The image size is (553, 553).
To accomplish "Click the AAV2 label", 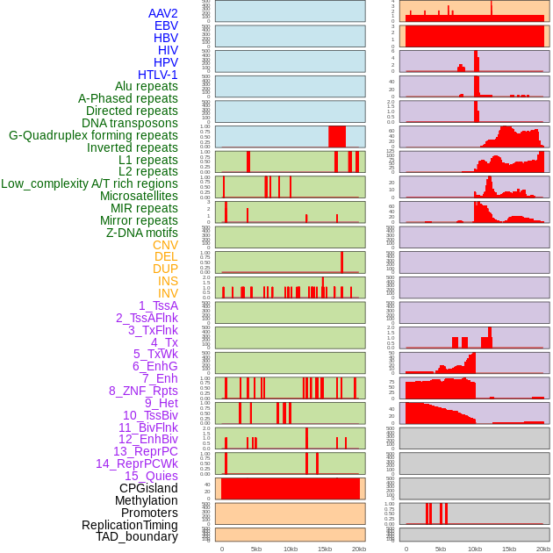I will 162,13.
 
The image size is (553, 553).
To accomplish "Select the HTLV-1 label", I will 157,75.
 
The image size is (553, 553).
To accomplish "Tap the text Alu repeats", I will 146,86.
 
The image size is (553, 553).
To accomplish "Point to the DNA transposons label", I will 129,123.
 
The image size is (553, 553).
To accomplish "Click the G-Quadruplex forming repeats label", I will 93,135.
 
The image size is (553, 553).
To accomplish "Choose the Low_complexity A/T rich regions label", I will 89,183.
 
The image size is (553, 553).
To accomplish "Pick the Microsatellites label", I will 139,196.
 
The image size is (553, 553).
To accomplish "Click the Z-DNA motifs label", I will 141,233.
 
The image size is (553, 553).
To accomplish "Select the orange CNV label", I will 165,245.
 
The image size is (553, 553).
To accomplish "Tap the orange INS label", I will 168,281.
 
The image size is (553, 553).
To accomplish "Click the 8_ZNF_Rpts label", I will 143,391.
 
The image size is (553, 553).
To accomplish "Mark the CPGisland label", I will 148,488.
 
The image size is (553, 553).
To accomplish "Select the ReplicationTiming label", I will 129,525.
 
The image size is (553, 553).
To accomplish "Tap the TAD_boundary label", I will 137,536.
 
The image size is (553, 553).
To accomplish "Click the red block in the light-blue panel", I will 336,136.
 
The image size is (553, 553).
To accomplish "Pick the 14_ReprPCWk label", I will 136,463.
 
